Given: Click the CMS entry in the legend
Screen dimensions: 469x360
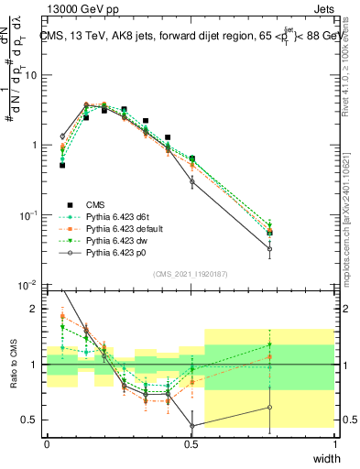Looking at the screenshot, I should click(88, 204).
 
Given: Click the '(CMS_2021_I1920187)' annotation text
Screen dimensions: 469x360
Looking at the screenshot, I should click(191, 273).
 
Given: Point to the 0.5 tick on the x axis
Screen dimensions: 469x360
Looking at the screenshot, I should click(191, 442).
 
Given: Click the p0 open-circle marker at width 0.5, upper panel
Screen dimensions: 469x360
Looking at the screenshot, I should click(191, 181).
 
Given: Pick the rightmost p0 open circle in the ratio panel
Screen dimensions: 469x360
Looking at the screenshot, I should click(269, 408).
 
